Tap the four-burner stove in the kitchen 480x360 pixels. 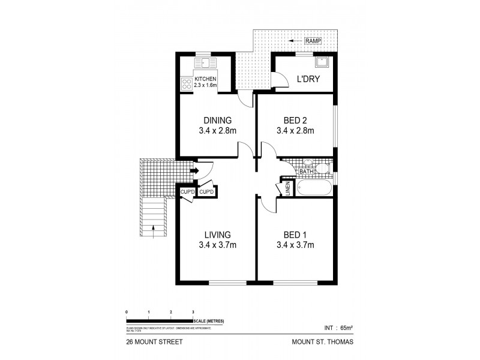pos(185,85)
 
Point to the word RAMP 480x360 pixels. pos(313,41)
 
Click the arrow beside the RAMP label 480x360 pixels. pos(294,41)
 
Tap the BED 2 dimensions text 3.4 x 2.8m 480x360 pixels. pos(295,130)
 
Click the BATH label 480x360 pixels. pos(306,172)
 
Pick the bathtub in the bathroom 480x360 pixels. pos(312,187)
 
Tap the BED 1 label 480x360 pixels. pos(295,235)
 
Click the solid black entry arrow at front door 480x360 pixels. pos(194,171)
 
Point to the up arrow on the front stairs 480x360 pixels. pos(154,227)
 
